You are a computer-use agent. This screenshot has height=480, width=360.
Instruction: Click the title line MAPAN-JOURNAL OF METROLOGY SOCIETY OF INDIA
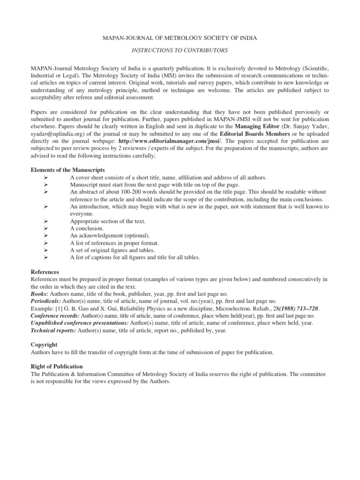(x=180, y=37)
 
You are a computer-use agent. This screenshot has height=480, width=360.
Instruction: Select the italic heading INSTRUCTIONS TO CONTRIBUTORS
(x=180, y=50)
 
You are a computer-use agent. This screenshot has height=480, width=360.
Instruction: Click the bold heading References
(x=45, y=272)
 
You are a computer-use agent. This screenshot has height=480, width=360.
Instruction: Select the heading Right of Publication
(x=56, y=366)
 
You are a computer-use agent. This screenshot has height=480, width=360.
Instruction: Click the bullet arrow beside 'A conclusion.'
(x=45, y=228)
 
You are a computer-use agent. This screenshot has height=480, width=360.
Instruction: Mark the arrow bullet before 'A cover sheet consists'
(x=45, y=178)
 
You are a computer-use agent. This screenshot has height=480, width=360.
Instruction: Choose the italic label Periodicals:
(x=46, y=301)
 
